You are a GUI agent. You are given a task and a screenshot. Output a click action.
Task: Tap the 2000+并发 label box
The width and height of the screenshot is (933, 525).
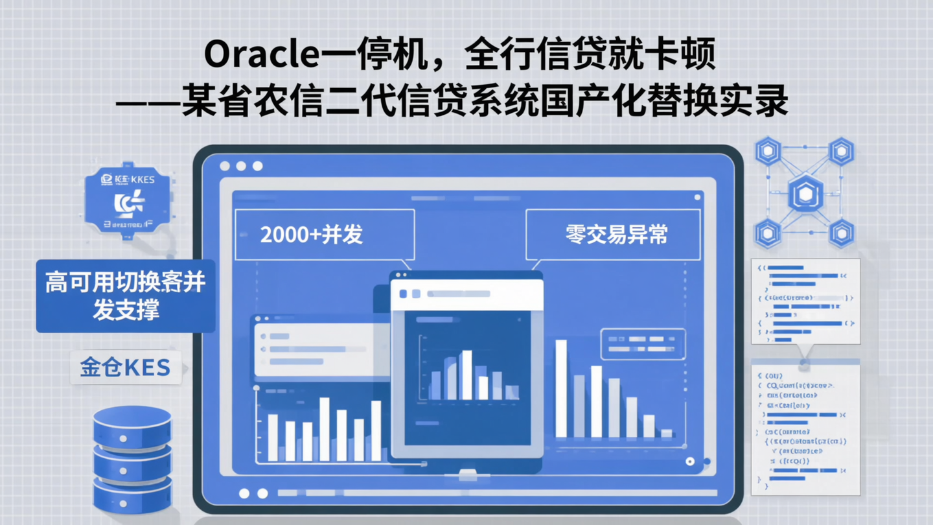tap(325, 235)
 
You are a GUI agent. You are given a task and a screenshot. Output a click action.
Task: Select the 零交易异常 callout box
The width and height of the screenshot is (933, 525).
tap(612, 235)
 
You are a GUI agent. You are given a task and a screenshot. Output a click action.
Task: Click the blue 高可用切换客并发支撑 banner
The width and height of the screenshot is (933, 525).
tap(126, 296)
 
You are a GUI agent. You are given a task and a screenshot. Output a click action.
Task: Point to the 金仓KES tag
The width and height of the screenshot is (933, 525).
tap(126, 367)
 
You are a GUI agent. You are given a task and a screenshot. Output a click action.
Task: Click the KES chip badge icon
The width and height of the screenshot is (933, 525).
tap(128, 201)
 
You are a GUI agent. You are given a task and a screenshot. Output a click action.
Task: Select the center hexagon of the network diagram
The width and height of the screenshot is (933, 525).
tap(805, 194)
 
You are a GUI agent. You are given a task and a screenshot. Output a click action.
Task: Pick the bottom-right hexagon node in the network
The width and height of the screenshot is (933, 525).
tap(841, 233)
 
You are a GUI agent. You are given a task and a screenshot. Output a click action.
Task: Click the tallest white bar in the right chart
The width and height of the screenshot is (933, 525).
tap(561, 388)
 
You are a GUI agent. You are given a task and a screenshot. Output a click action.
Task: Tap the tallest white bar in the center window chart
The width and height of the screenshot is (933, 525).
tap(466, 375)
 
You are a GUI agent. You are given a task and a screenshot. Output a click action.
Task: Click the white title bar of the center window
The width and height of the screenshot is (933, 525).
tap(466, 294)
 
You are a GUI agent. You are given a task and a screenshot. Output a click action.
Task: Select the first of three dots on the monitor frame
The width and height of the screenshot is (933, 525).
tap(225, 167)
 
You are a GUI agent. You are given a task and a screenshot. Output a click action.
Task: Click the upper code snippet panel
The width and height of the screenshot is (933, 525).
tap(805, 301)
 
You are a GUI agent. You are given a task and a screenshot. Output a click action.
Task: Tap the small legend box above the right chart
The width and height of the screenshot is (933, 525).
tap(643, 344)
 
